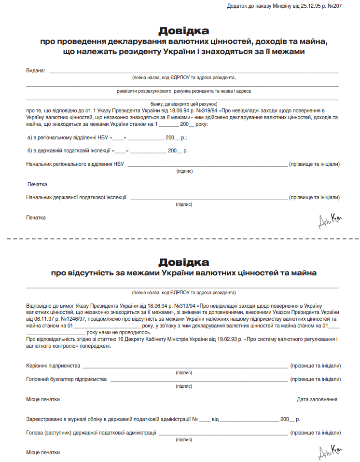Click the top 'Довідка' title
click(x=183, y=31)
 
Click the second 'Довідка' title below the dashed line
click(x=183, y=262)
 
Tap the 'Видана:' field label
click(x=35, y=71)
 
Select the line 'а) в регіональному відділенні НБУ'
click(x=70, y=137)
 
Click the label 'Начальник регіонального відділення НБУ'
click(x=75, y=164)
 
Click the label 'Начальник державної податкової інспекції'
click(x=76, y=197)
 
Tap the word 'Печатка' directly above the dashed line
click(x=36, y=217)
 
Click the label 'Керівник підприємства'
click(x=53, y=366)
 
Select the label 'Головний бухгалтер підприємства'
click(x=66, y=380)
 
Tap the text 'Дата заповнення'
click(x=317, y=399)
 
